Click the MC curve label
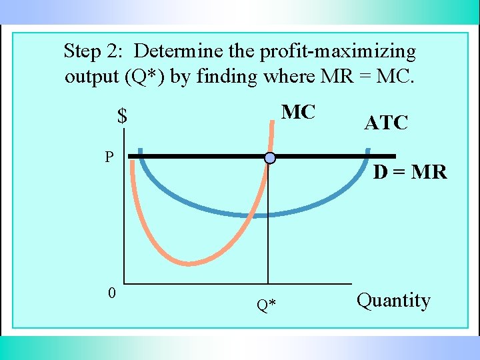point(298,112)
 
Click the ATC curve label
point(386,123)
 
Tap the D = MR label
point(409,172)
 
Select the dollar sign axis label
point(122,117)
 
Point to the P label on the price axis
point(109,157)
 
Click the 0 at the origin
point(113,293)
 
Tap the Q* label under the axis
point(267,305)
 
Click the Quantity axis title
point(393,300)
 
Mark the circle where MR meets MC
point(269,158)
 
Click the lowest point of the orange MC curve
point(190,263)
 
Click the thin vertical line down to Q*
point(268,227)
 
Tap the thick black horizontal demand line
point(200,157)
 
